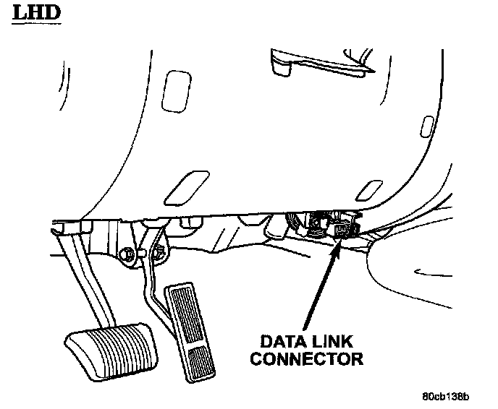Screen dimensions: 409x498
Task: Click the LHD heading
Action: pos(35,14)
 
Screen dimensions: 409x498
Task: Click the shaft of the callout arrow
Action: pos(319,289)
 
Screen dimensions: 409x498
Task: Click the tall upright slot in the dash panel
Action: pos(174,90)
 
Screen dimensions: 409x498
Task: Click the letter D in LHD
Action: pos(48,14)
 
